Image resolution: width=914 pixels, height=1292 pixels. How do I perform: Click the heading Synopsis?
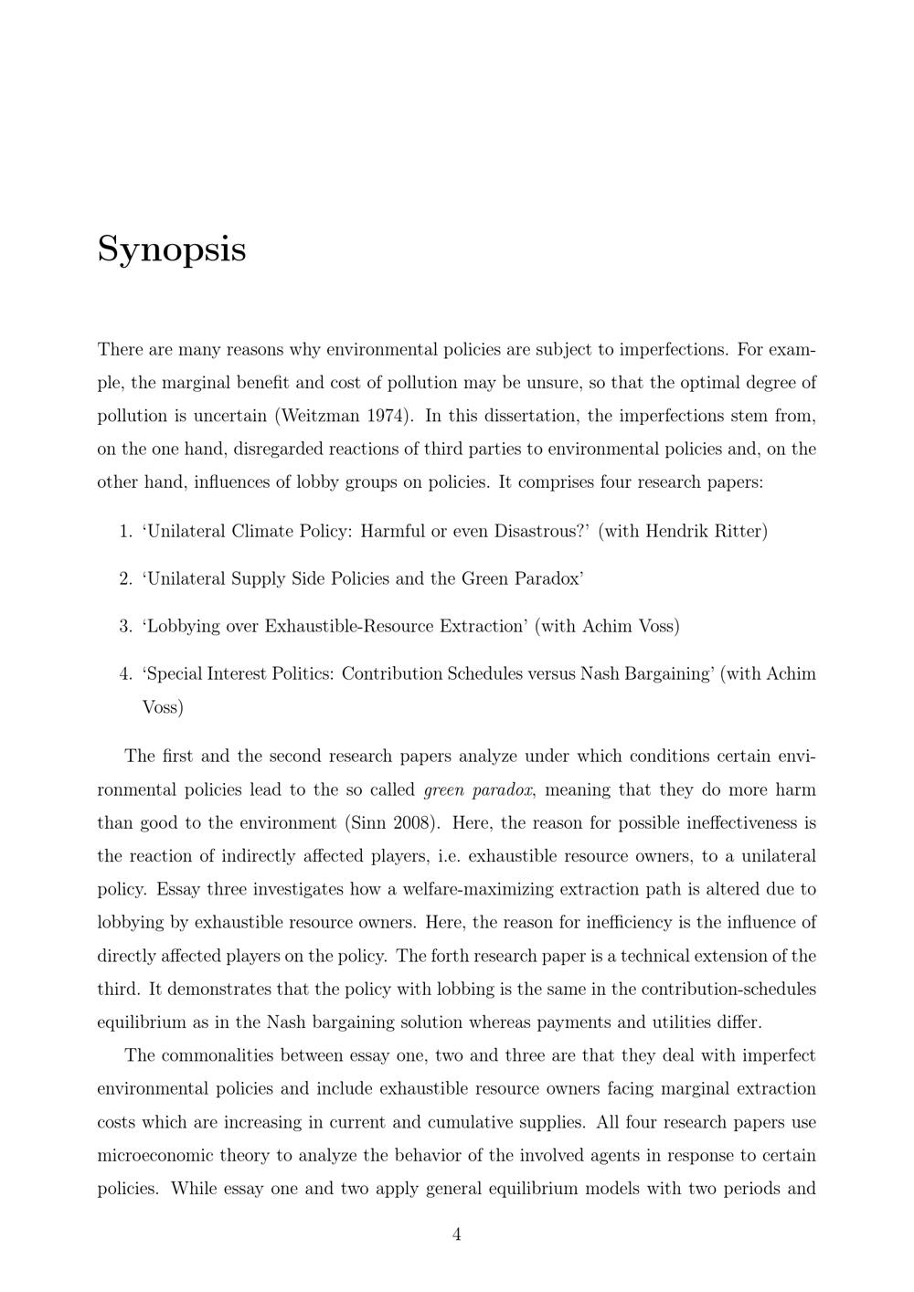point(172,249)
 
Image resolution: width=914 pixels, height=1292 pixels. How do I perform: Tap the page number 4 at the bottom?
point(457,1235)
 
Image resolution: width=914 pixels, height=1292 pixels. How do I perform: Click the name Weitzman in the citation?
point(320,416)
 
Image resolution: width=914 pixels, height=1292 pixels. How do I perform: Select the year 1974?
point(388,416)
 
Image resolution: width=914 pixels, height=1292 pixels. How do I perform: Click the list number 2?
point(125,578)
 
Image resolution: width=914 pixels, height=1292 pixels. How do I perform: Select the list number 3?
point(125,626)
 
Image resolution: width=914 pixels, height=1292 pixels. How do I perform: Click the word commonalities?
point(218,1056)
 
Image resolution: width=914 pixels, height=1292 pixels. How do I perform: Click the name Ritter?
point(741,531)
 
